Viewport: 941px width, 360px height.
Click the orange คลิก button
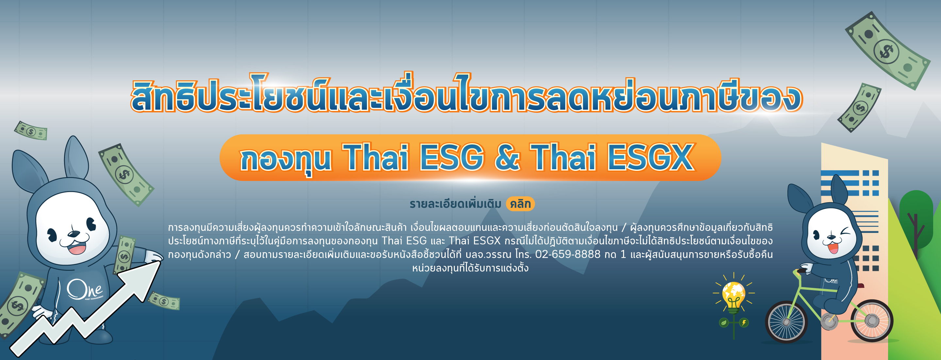point(520,204)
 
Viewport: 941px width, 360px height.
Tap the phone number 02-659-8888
point(567,254)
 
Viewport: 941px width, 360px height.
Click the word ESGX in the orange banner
point(651,157)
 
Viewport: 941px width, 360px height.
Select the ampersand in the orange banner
point(507,157)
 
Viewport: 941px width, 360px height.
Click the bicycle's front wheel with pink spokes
point(872,320)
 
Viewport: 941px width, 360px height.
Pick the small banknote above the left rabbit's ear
point(31,131)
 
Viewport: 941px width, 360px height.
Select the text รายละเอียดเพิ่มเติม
point(455,204)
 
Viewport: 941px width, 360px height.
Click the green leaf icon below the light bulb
point(724,322)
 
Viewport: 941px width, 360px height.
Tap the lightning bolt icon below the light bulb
point(744,322)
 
